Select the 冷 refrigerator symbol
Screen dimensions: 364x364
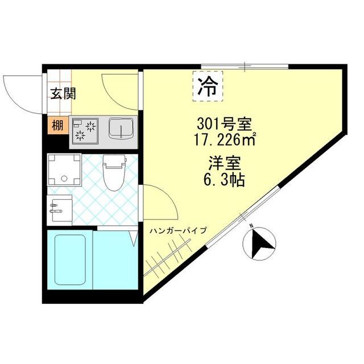pyautogui.click(x=208, y=86)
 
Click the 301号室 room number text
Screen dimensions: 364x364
pyautogui.click(x=224, y=122)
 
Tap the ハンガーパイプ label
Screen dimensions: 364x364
pyautogui.click(x=178, y=230)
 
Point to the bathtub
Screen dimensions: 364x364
pyautogui.click(x=69, y=259)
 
